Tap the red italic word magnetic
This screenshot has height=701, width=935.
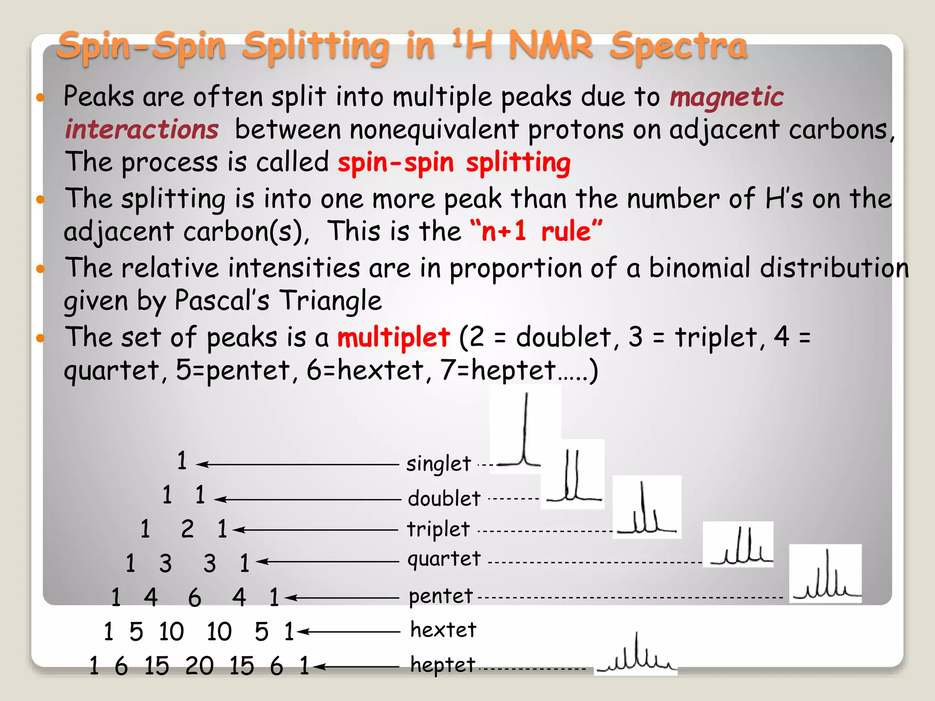(726, 97)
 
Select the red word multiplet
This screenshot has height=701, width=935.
(394, 338)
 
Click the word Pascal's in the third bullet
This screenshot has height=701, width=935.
(222, 301)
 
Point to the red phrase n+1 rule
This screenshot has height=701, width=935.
(536, 231)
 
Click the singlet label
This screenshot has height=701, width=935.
(438, 464)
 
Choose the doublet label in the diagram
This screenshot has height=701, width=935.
(444, 498)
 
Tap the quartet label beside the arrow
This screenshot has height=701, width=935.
(444, 559)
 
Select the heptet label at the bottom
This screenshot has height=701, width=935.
(443, 665)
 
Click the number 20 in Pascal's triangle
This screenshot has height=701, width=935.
(200, 666)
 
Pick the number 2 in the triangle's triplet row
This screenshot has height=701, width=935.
(187, 529)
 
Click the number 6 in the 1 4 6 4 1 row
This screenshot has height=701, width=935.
(194, 597)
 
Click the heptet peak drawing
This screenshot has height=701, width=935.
(636, 654)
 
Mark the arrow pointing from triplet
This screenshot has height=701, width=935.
(315, 530)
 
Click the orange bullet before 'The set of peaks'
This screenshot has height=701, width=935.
(41, 338)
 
